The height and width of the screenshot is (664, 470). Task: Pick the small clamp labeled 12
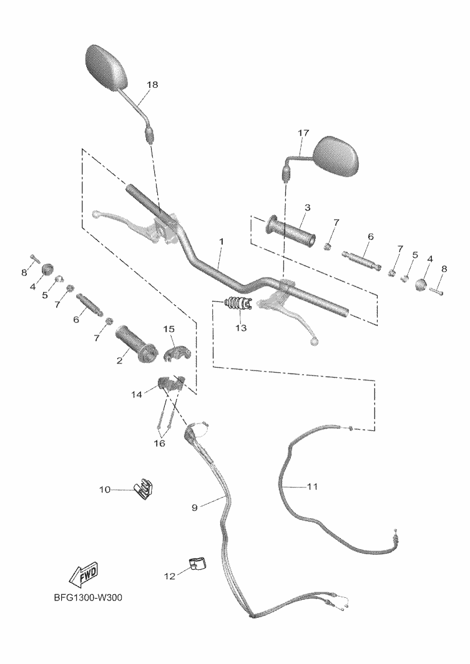197,564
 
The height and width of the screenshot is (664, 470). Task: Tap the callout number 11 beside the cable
312,486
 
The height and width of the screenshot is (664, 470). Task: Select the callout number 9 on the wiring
194,508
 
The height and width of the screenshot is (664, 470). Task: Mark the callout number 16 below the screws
160,443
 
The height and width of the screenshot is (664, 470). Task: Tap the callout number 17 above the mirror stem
303,133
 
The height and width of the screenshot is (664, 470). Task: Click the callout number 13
241,327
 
